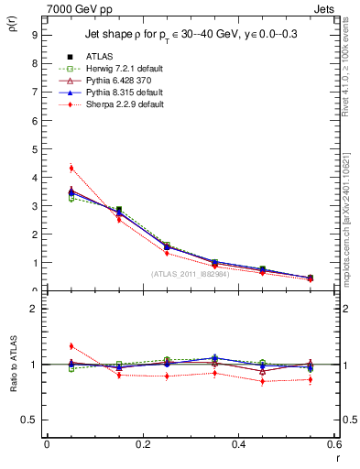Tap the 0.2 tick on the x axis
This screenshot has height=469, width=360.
pyautogui.click(x=142, y=445)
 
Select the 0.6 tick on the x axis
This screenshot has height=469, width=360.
pyautogui.click(x=333, y=445)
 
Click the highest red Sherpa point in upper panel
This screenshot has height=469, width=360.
pyautogui.click(x=71, y=168)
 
